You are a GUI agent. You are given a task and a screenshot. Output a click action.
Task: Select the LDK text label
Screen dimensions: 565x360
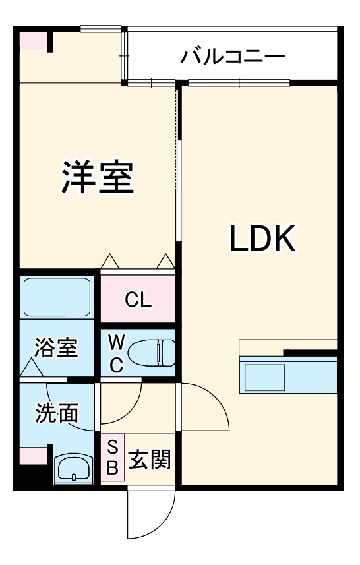[x=262, y=239]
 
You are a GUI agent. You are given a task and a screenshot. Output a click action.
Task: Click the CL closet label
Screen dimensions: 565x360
[x=138, y=301]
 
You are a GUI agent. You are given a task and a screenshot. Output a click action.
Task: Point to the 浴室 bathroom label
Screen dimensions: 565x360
[x=57, y=347]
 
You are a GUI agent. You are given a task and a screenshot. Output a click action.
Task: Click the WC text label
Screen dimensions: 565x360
[x=116, y=354]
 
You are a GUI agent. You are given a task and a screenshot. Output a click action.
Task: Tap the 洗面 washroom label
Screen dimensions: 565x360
[x=57, y=413]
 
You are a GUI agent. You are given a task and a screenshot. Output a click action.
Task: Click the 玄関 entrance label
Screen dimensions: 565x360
[x=149, y=459]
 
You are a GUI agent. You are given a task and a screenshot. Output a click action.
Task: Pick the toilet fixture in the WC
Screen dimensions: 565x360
[x=151, y=353]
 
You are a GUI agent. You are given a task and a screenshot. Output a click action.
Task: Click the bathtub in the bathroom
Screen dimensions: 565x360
[x=57, y=297]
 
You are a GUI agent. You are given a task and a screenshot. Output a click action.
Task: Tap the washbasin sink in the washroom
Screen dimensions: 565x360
[x=74, y=469]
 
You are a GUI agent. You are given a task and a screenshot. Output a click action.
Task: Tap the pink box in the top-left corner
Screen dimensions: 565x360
[x=32, y=41]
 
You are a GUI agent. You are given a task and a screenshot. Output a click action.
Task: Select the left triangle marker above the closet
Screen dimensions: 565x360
[x=109, y=262]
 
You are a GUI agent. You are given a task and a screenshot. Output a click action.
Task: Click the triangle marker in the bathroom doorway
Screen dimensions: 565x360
[x=30, y=369]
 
